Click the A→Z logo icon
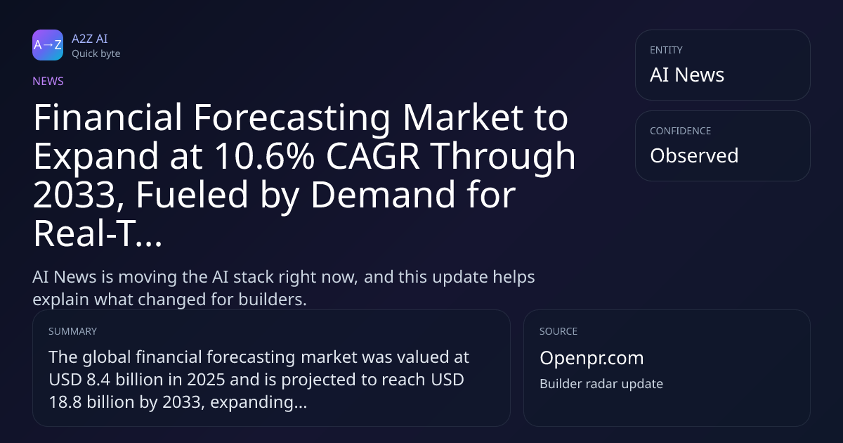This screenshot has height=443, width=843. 48,45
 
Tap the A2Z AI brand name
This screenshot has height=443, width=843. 90,39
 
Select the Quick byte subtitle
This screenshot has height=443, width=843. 96,54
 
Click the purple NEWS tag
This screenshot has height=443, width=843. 48,82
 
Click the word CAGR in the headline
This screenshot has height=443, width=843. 372,156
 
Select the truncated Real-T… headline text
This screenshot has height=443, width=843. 98,233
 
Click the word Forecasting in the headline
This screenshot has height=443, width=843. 292,118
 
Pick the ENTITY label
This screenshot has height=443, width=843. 666,50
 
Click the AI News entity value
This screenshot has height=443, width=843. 687,75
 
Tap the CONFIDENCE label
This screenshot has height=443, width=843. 681,131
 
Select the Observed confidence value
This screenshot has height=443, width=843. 694,155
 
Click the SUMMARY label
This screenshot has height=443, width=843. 72,331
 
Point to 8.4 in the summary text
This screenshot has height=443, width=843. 98,380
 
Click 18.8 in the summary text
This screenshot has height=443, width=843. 65,402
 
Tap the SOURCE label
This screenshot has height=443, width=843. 558,331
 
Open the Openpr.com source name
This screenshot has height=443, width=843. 592,358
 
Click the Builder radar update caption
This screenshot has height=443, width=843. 601,384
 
